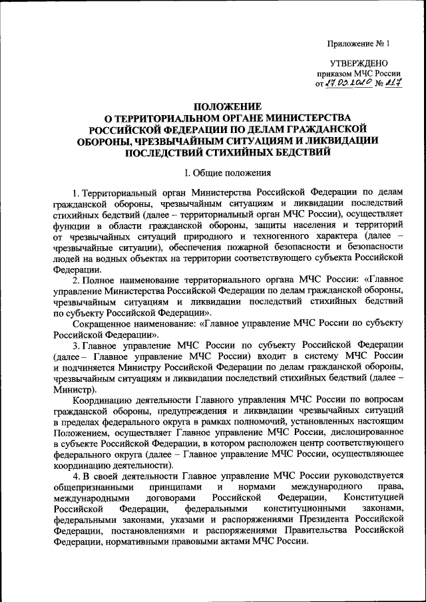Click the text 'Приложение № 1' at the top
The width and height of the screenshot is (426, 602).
click(x=357, y=44)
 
